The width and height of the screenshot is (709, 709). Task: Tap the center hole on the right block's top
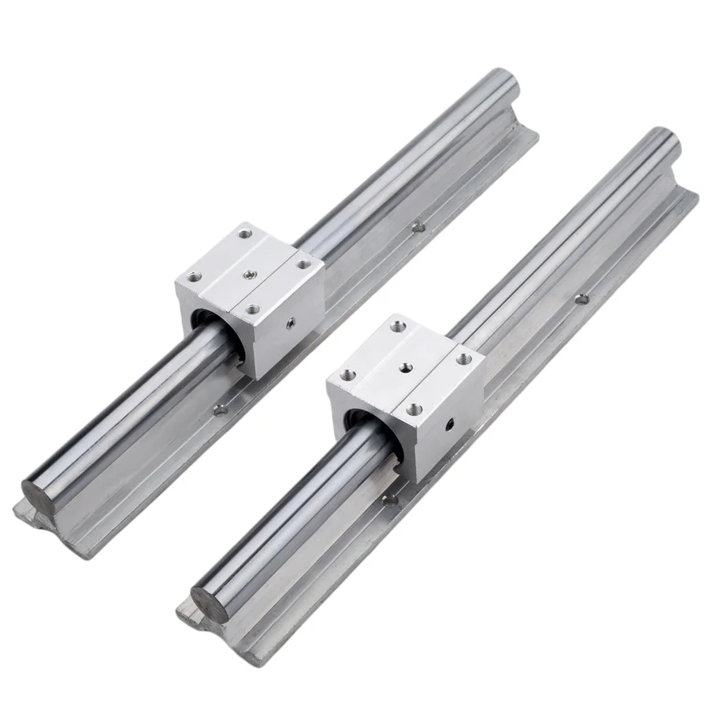(x=406, y=366)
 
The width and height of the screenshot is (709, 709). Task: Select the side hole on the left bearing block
(x=290, y=321)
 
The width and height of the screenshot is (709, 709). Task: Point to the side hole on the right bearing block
(x=451, y=424)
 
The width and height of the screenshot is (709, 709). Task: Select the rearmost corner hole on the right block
(x=399, y=323)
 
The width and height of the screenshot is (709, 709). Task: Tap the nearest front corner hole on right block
(x=415, y=408)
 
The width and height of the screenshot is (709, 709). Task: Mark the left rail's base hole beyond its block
(x=418, y=228)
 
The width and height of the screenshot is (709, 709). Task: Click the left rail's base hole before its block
(x=221, y=409)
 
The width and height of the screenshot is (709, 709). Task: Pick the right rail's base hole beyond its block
(x=581, y=299)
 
